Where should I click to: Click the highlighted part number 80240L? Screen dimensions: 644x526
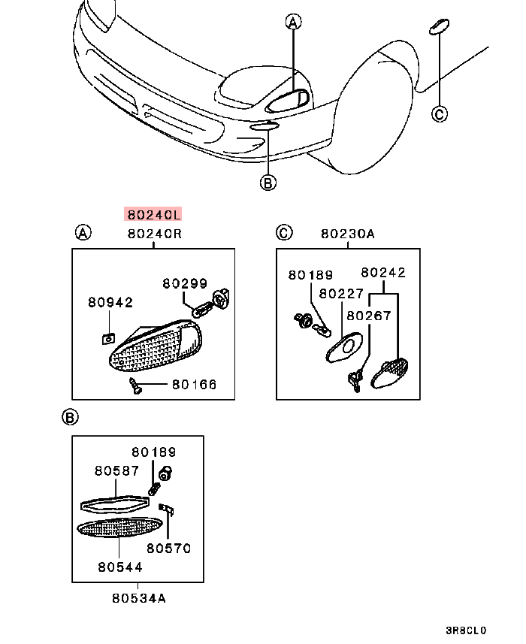point(153,214)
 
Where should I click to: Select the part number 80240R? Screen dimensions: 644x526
point(154,234)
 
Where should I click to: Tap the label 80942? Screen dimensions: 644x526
point(110,303)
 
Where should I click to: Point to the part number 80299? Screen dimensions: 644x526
point(185,284)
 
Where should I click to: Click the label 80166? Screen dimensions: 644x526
point(194,385)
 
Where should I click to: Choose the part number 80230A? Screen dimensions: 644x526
point(347,234)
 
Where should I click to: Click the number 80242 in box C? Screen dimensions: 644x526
point(383,273)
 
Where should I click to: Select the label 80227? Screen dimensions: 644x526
point(341,294)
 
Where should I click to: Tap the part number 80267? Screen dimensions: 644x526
point(368,316)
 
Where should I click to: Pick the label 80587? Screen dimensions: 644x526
point(116,471)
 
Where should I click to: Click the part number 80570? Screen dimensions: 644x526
point(168,549)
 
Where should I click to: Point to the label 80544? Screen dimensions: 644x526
point(119,567)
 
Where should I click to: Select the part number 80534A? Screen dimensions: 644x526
point(139,599)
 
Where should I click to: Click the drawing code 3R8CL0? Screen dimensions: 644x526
point(466,630)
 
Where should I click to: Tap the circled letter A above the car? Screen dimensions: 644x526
point(293,23)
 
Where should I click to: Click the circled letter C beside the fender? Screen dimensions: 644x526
point(440,113)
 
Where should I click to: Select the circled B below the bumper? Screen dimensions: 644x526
point(268,181)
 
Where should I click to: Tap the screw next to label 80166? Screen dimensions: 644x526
point(136,386)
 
